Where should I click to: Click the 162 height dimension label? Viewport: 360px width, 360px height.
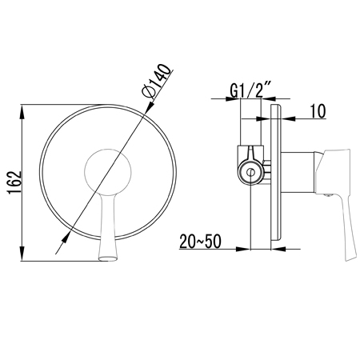[x=15, y=182]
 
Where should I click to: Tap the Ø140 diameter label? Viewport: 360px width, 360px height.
[x=156, y=81]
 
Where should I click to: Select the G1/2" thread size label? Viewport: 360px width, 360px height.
[x=250, y=90]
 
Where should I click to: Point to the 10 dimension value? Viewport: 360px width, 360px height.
[x=318, y=111]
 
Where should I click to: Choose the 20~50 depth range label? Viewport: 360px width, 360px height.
[x=200, y=241]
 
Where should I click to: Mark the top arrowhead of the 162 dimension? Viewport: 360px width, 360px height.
[x=22, y=113]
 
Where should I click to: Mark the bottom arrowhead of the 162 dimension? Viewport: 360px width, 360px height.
[x=22, y=254]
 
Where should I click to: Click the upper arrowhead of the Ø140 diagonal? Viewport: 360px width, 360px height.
[x=150, y=106]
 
